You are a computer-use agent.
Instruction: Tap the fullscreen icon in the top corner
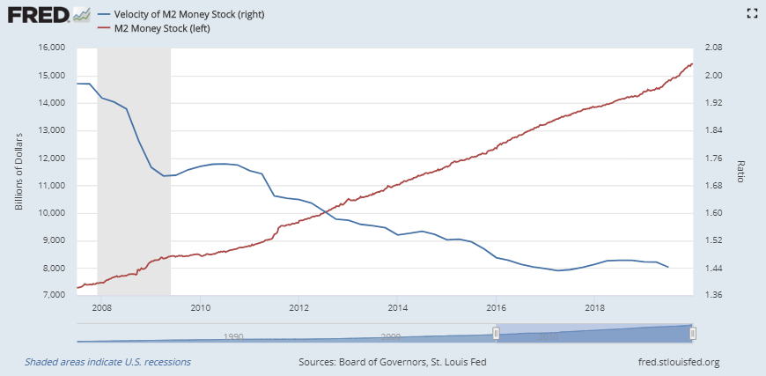752,13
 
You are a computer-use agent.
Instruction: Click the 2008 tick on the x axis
101,307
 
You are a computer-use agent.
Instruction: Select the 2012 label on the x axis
298,307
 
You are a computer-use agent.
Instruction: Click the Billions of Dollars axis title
18,172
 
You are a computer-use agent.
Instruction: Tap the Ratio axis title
740,172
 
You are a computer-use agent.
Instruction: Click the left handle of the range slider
496,333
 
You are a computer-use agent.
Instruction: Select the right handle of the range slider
694,333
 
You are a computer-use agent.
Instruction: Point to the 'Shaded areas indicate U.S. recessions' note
107,362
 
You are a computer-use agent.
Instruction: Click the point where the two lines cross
323,210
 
